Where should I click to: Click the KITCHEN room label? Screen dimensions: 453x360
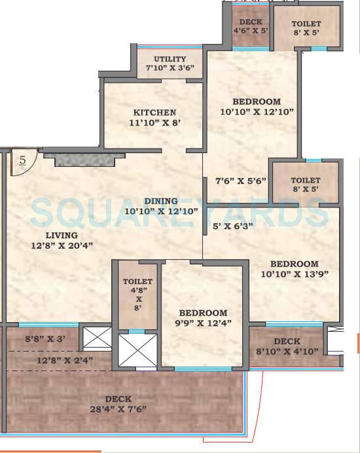(x=154, y=112)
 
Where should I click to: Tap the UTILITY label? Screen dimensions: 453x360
(x=170, y=59)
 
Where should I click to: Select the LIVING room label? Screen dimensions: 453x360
(x=62, y=235)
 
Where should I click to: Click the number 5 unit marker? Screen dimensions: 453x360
(x=22, y=159)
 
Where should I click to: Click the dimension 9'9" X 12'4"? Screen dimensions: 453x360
(x=203, y=323)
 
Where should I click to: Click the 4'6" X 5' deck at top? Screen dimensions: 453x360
(x=251, y=30)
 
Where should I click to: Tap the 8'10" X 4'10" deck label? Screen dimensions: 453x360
(x=287, y=352)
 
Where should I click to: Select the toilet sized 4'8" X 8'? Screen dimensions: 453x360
(x=138, y=295)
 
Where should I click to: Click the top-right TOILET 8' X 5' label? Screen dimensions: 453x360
(x=306, y=29)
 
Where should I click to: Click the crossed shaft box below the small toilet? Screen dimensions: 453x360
(x=137, y=350)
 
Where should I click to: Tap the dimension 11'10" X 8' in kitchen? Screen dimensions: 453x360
(x=154, y=122)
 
